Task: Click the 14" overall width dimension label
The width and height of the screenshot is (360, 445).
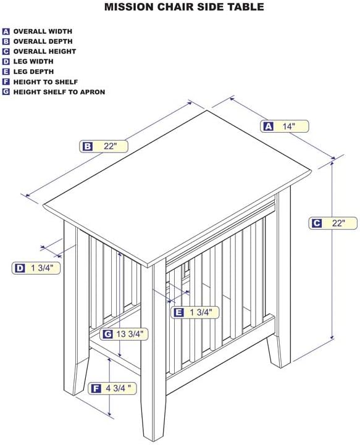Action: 284,127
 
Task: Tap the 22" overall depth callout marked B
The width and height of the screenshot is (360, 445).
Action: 104,146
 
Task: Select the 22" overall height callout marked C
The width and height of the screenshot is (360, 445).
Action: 333,223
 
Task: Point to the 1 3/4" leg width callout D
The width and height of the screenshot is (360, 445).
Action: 36,268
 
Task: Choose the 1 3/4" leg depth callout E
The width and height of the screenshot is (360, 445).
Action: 195,312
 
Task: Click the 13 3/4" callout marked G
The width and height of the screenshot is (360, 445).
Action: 123,335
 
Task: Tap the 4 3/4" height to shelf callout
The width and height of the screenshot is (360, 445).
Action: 112,388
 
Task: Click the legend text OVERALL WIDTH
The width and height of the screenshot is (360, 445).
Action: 43,31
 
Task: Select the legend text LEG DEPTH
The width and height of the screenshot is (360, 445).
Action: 33,72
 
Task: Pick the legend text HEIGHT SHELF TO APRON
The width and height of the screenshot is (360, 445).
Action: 59,92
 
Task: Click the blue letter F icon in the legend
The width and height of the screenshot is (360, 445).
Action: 6,81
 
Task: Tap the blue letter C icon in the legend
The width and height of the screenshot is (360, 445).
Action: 6,51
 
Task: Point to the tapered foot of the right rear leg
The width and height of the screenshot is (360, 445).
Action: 278,352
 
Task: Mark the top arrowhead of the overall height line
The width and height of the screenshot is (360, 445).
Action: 332,164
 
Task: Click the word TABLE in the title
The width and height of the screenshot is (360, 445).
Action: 244,7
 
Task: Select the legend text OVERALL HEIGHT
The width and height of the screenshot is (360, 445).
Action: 44,51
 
